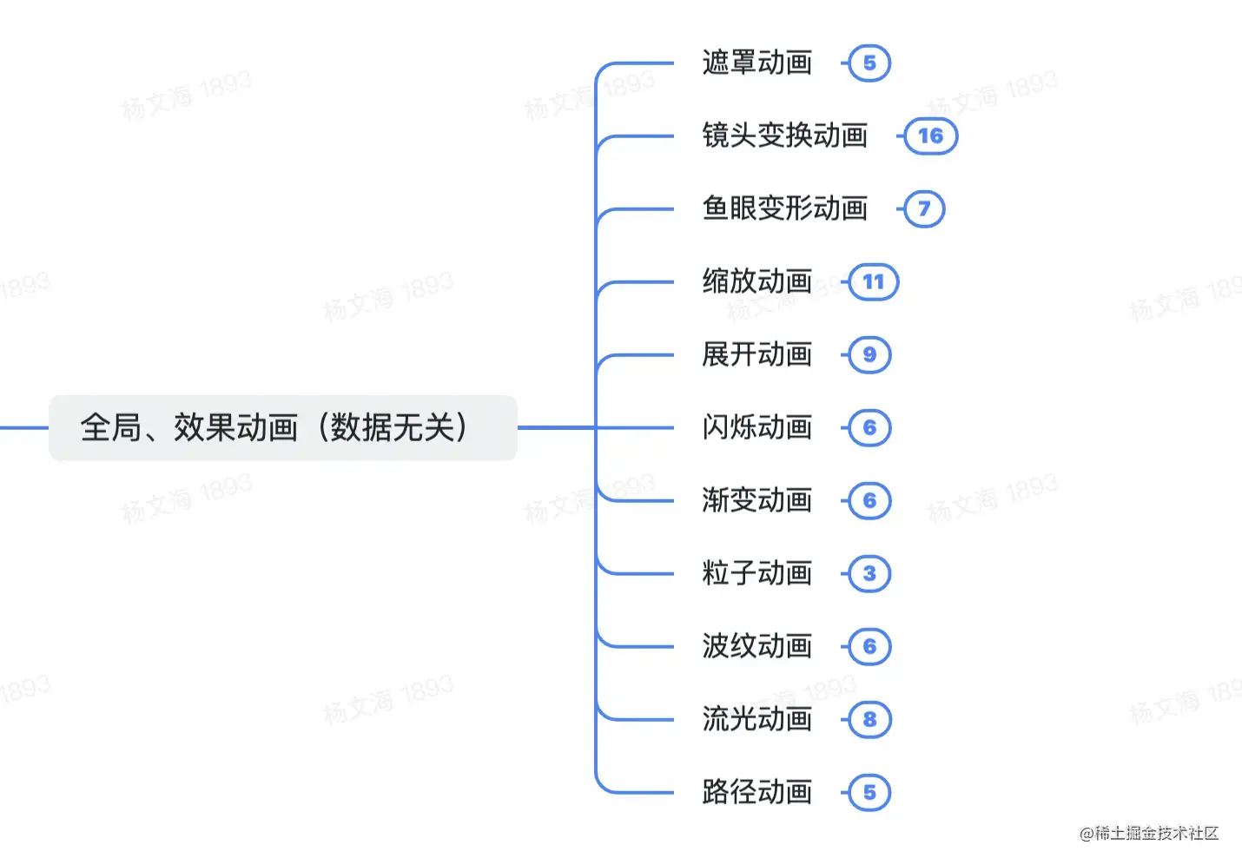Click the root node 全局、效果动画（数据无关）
pos(282,427)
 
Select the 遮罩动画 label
pos(756,63)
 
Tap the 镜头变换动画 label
pos(784,135)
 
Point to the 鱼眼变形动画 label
pos(784,208)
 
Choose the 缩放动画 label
pos(756,281)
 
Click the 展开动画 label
pos(756,354)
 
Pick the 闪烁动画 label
pos(756,427)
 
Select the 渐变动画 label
pos(756,500)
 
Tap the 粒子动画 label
pos(756,573)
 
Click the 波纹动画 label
pos(756,646)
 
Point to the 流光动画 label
pos(756,719)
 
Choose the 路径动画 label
pos(756,792)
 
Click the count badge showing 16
pos(930,135)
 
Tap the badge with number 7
pos(924,208)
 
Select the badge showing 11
pos(874,281)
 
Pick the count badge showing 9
pos(869,354)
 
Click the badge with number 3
pos(869,573)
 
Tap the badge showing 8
pos(869,719)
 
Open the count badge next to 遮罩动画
pos(869,63)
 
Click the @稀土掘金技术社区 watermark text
pos(1149,834)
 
